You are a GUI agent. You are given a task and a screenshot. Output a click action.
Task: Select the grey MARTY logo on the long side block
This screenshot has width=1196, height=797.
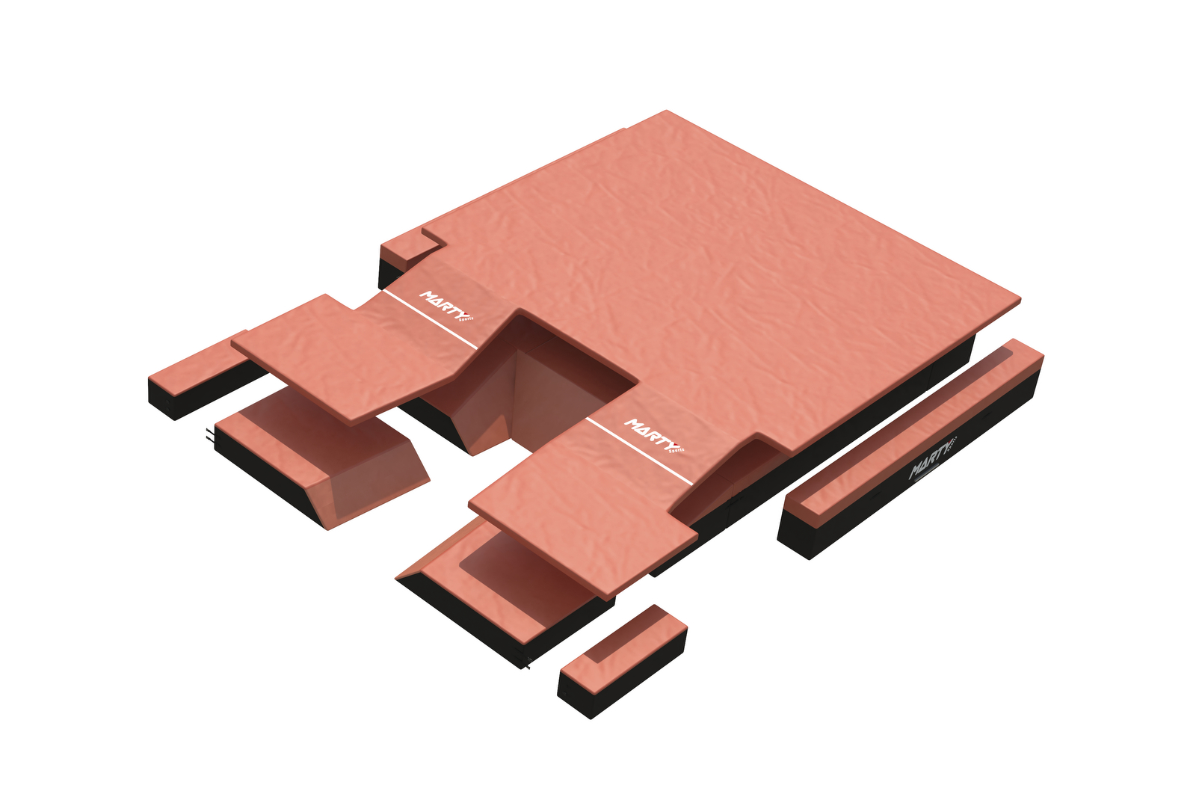coord(931,460)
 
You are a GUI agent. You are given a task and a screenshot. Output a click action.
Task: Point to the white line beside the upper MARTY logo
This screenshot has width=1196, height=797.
coord(430,320)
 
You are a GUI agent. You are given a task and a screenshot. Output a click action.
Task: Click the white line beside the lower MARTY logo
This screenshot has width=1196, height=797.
coord(639,449)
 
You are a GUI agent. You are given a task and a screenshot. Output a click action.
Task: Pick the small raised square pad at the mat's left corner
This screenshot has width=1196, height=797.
coord(412,244)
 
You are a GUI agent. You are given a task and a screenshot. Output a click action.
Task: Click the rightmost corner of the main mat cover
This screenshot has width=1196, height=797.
coord(1018,299)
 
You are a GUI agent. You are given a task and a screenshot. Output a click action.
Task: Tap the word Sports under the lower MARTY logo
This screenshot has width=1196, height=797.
coord(675,449)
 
